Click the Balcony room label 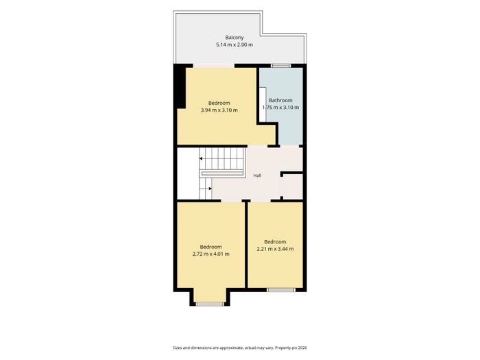coord(235,38)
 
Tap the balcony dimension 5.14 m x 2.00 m coord(235,45)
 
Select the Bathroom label coord(280,100)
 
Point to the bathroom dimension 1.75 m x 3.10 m coord(280,108)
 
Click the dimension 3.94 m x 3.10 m coord(219,110)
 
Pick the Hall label coord(257,176)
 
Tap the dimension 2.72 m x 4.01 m coord(211,254)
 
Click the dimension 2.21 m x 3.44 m coord(275,249)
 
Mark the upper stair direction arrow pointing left coord(201,158)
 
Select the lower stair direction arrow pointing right coord(210,189)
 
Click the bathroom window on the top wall coord(281,66)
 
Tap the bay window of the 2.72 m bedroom coord(210,304)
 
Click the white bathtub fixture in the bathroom coord(263,104)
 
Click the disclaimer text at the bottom coord(240,348)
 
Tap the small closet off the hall coord(292,187)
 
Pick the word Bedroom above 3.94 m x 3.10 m coord(219,103)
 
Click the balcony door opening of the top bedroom coord(214,66)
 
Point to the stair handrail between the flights coord(222,173)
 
